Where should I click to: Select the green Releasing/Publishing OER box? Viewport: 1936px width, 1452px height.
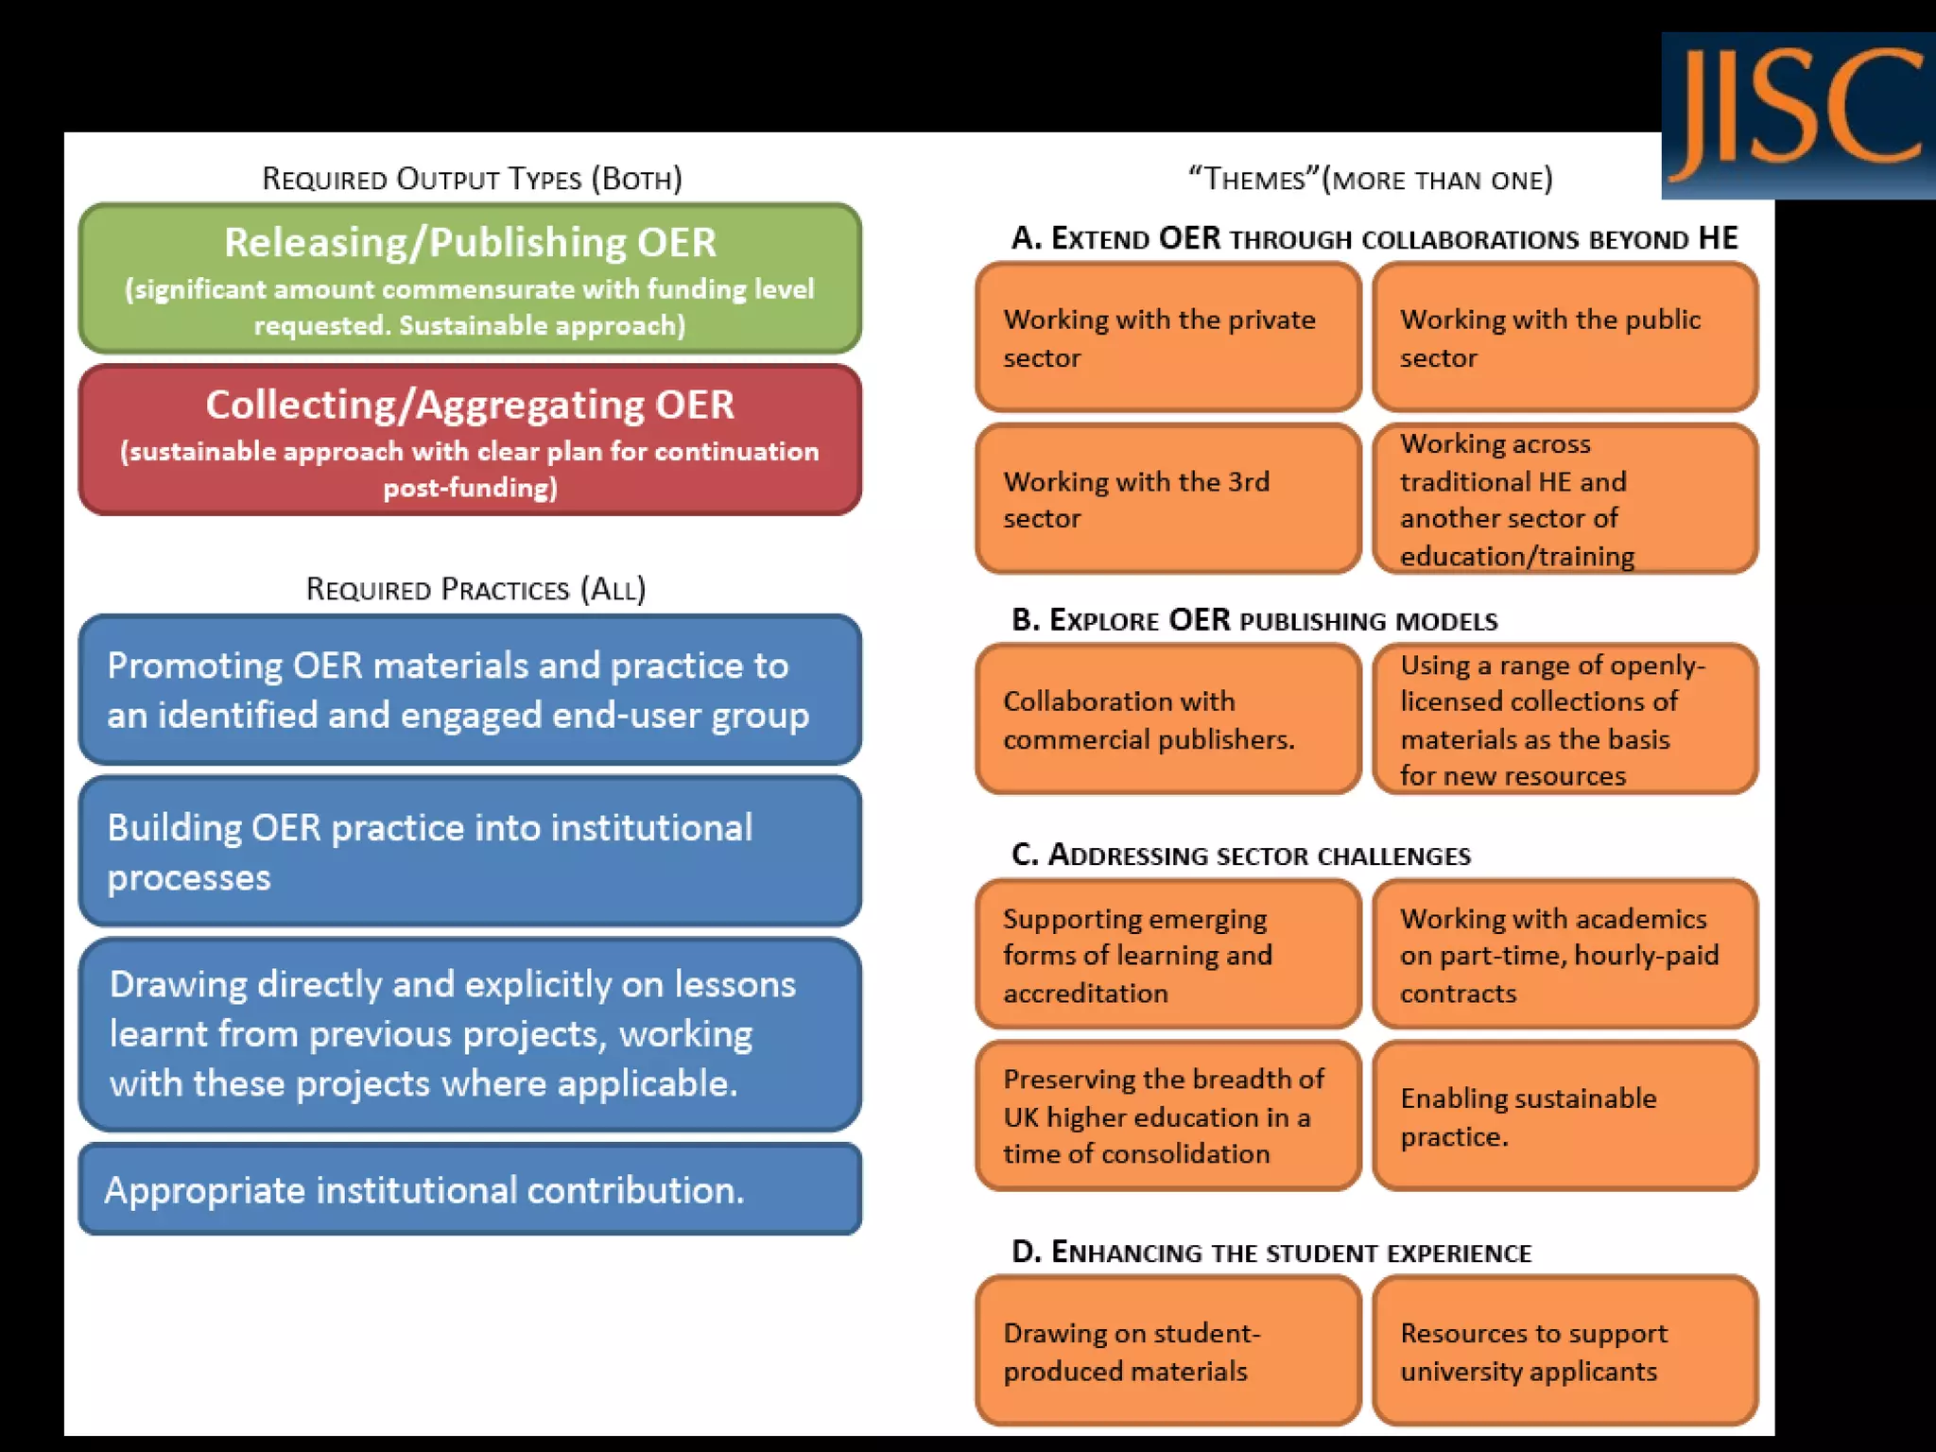tap(470, 279)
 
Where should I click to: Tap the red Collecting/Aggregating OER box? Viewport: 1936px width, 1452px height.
tap(470, 441)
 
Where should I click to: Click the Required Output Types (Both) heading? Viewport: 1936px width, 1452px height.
tap(472, 179)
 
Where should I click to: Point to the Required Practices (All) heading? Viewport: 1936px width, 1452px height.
tap(475, 589)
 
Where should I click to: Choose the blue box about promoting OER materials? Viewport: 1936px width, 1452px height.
tap(470, 690)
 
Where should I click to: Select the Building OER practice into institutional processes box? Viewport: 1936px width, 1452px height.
tap(470, 852)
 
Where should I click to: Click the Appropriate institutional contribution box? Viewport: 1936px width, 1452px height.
tap(470, 1189)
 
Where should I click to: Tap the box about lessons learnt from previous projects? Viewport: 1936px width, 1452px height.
tap(470, 1034)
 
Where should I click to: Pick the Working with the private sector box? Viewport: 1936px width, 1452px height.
tap(1168, 337)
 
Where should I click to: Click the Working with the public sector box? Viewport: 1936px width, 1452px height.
tap(1565, 337)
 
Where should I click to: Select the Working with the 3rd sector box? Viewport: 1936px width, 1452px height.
tap(1168, 499)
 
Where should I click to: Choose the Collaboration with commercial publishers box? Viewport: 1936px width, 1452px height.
tap(1168, 719)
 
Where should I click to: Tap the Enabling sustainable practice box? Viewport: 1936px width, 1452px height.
tap(1565, 1115)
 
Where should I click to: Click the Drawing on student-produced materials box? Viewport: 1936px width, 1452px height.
tap(1168, 1351)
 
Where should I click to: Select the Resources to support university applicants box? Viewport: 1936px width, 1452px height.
tap(1565, 1351)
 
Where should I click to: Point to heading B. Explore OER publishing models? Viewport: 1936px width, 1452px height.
tap(1254, 620)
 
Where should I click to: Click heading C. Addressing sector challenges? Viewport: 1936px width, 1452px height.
tap(1241, 855)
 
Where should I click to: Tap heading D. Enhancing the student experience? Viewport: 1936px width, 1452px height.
tap(1271, 1252)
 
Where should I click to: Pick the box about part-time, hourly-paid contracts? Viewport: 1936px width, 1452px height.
tap(1565, 955)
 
